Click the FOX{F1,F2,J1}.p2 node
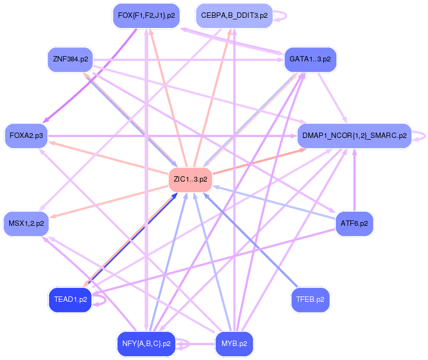[x=146, y=16]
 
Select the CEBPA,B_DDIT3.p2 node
[x=234, y=16]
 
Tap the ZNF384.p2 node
[x=71, y=59]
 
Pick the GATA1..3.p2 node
[x=310, y=59]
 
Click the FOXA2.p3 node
[x=26, y=136]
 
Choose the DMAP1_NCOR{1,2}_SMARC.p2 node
[x=354, y=136]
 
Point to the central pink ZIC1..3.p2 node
[x=190, y=179]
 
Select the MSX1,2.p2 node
[x=26, y=224]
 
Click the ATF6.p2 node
[x=354, y=224]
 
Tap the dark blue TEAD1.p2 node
[x=71, y=300]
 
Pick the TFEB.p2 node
[x=310, y=300]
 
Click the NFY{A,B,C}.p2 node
[x=146, y=344]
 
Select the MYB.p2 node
[x=234, y=344]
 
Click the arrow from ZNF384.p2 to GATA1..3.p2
[x=189, y=59]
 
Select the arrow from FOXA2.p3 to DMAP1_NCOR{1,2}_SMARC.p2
[x=172, y=136]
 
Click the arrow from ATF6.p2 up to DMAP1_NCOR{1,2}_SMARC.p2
[x=354, y=180]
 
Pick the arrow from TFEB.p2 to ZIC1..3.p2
[x=251, y=240]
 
